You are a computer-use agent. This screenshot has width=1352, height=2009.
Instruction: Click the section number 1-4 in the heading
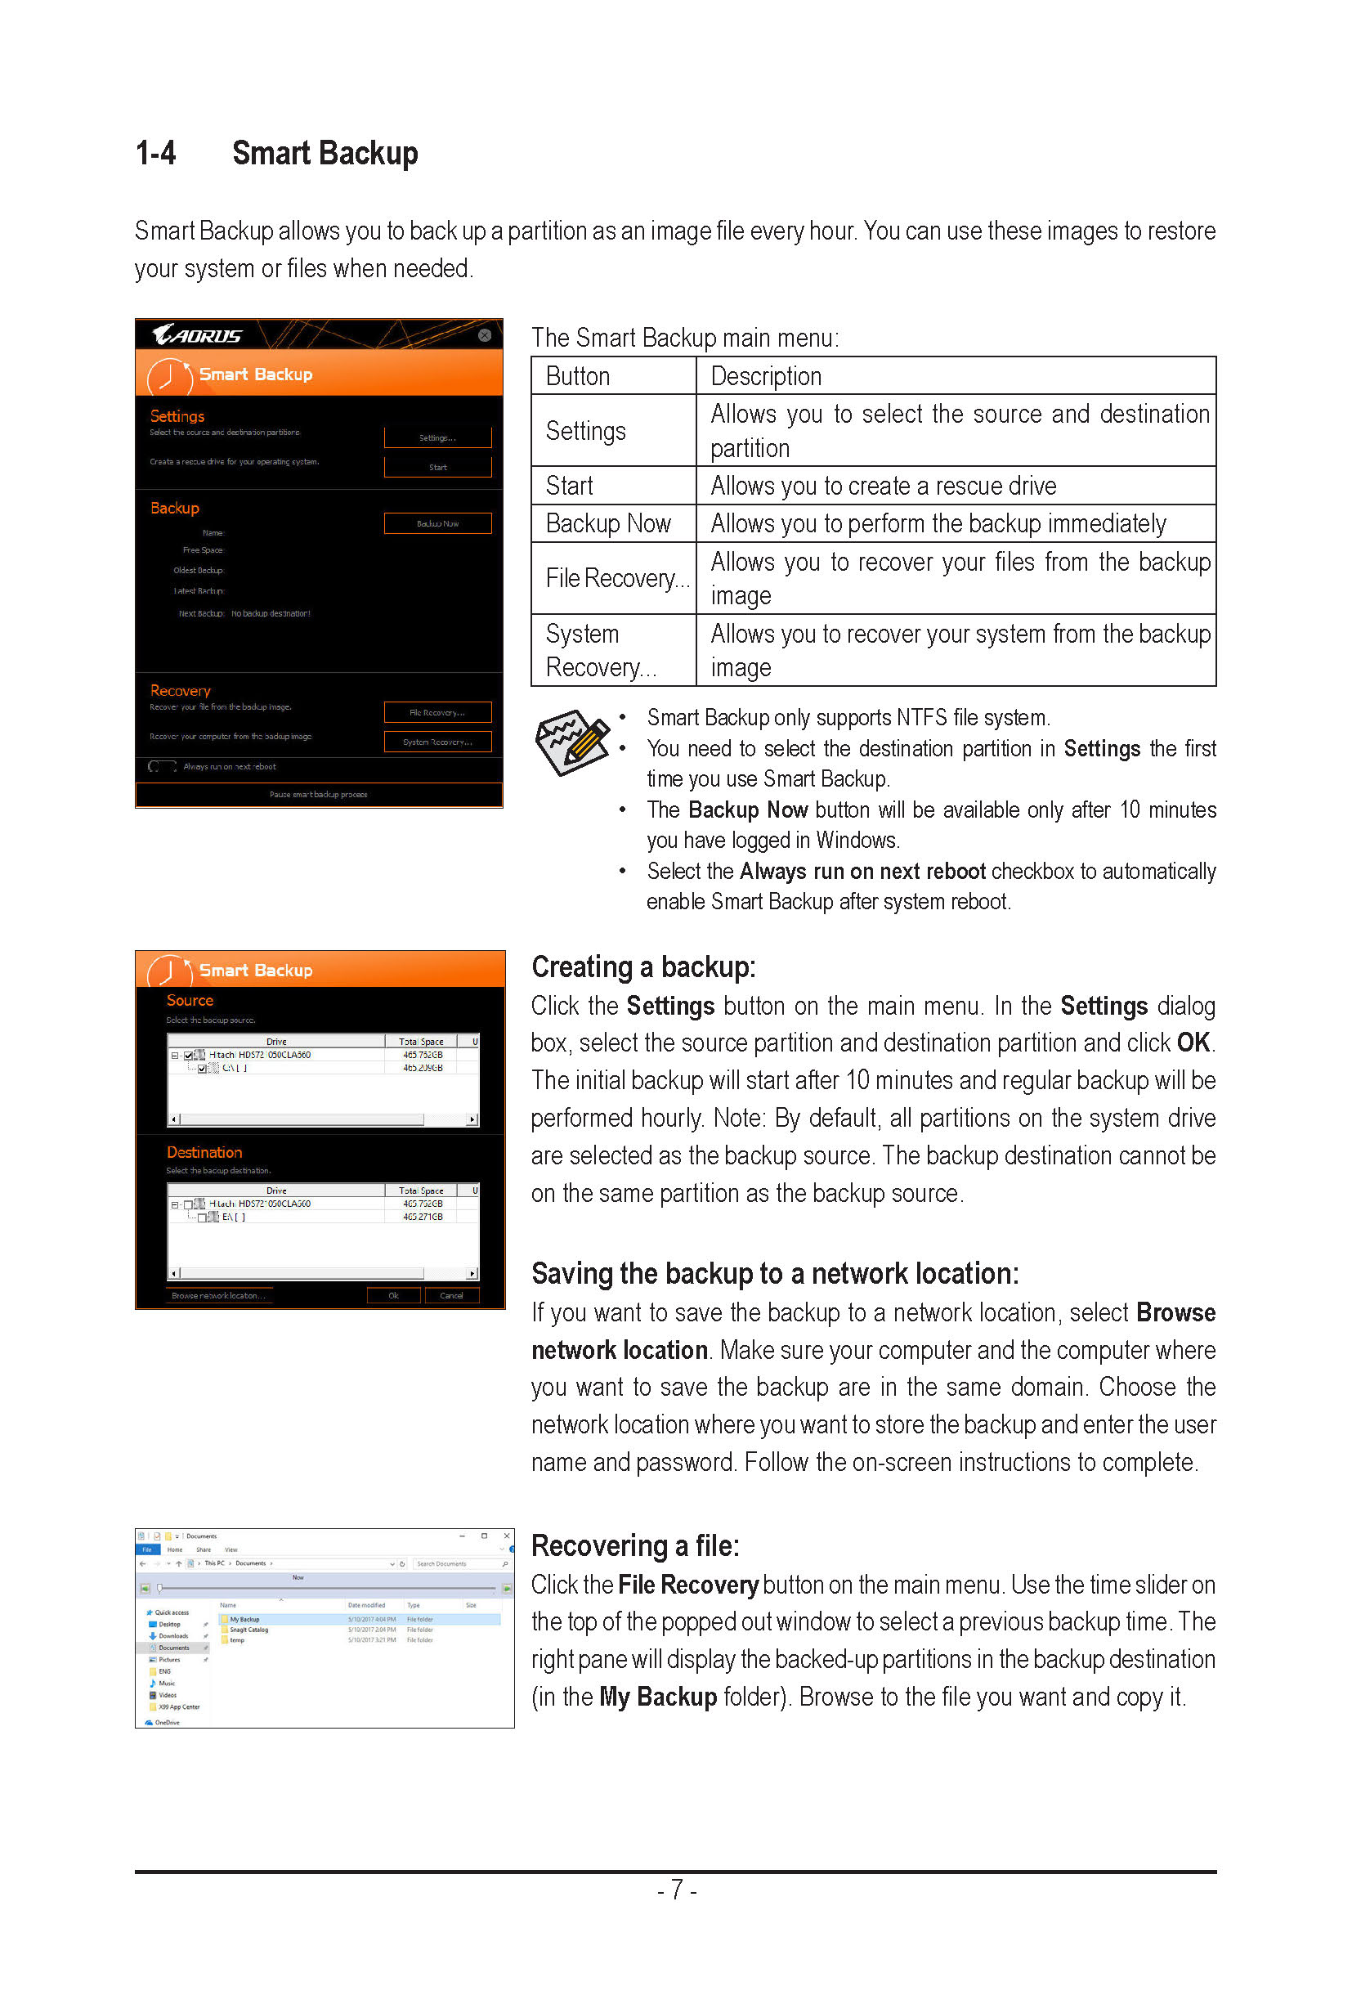156,154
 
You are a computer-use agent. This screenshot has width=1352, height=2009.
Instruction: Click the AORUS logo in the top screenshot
198,335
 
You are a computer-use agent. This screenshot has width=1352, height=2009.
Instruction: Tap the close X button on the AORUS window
485,334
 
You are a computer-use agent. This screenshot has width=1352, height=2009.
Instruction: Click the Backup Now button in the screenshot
437,523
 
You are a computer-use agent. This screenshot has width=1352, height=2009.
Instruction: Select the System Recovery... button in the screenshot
437,742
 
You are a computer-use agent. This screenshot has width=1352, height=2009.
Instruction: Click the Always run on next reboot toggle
162,766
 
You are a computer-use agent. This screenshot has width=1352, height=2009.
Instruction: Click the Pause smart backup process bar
318,795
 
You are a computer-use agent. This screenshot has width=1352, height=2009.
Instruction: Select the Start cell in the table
570,486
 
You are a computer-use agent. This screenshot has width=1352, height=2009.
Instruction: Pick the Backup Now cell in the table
608,523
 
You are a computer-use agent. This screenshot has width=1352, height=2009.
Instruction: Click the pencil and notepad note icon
571,741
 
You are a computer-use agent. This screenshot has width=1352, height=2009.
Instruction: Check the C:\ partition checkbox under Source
203,1069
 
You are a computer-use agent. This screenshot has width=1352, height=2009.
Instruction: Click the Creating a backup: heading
643,967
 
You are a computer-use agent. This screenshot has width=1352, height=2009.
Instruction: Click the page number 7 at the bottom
677,1890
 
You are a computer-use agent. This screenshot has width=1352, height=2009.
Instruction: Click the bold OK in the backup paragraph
1193,1043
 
